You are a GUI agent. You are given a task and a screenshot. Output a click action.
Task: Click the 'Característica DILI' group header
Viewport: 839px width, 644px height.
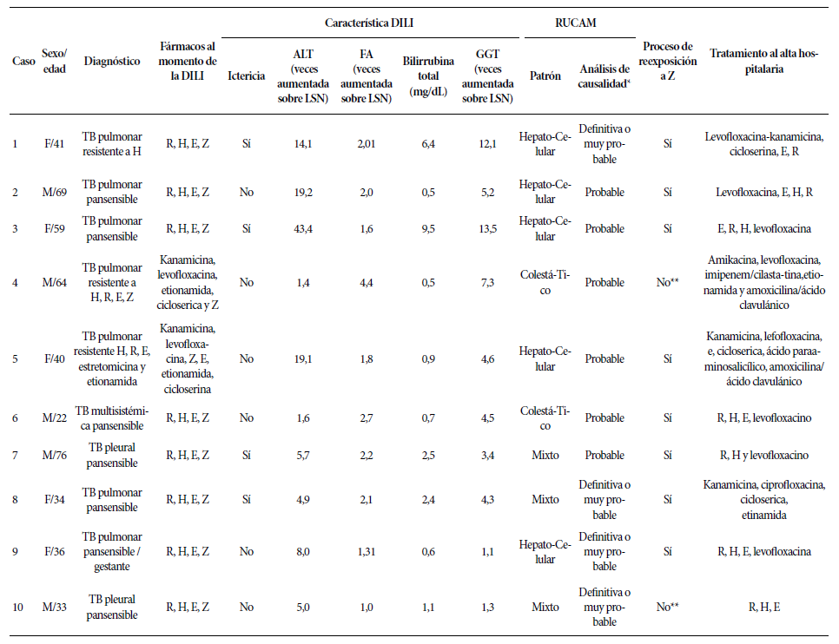[x=368, y=23]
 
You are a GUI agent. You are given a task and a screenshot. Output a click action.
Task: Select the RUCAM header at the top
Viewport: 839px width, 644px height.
[x=575, y=23]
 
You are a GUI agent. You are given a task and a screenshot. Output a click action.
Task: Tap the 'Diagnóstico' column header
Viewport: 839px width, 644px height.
[x=112, y=62]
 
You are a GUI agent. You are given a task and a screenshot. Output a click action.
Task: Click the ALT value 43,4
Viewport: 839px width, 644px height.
[x=303, y=229]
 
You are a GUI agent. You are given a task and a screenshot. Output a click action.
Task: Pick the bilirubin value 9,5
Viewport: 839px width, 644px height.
[x=428, y=229]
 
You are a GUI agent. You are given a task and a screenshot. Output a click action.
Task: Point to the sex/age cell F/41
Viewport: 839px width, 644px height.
[x=54, y=143]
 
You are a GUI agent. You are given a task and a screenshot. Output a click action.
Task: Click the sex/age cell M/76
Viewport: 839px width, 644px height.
[x=55, y=455]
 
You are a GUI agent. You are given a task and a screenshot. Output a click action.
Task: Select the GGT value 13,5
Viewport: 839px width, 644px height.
[x=487, y=229]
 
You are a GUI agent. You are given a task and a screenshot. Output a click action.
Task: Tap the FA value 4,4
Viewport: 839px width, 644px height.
[x=366, y=282]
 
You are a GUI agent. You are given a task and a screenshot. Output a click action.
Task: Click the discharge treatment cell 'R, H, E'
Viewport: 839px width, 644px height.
[x=764, y=607]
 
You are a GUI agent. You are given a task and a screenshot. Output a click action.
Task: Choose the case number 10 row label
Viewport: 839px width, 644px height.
[x=17, y=607]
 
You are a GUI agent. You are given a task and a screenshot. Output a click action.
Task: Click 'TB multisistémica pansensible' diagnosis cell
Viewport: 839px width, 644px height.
[x=112, y=418]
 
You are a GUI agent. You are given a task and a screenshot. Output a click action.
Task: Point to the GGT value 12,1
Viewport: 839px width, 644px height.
[x=487, y=143]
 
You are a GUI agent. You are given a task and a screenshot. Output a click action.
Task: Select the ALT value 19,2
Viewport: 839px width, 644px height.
[x=303, y=192]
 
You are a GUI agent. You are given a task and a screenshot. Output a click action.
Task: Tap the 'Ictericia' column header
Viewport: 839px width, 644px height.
[x=246, y=76]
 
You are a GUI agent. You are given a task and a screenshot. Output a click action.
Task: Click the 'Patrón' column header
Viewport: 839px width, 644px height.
[x=545, y=76]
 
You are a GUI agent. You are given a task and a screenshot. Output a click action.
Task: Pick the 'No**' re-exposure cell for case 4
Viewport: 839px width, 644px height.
[x=667, y=282]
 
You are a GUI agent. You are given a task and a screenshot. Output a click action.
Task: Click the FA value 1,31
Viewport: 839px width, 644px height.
[x=366, y=551]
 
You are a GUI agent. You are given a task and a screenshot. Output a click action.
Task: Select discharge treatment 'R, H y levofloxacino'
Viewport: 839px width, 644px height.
[x=764, y=455]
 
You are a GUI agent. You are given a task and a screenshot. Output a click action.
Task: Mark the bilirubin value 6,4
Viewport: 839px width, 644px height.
[x=428, y=143]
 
